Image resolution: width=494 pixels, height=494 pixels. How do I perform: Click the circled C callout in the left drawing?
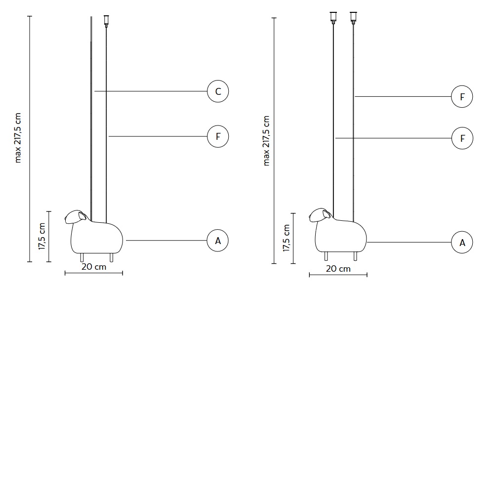pos(218,91)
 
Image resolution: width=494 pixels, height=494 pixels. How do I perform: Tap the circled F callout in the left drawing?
pos(218,136)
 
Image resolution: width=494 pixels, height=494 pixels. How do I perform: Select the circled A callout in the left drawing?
pos(218,241)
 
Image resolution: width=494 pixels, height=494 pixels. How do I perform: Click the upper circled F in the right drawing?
pos(462,97)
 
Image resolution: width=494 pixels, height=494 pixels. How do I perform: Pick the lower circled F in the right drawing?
pos(462,138)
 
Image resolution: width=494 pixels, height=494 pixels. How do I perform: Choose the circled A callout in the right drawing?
pos(462,243)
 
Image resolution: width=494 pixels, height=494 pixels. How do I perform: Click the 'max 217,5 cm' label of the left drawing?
pos(18,138)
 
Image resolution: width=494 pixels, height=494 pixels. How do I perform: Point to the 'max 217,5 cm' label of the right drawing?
pos(266,140)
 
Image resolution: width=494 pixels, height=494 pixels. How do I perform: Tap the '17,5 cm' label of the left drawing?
pos(42,236)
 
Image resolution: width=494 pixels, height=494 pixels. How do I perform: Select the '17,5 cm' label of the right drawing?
pos(286,238)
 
